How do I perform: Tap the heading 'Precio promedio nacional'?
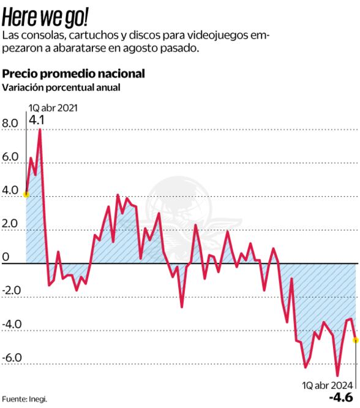[73, 74]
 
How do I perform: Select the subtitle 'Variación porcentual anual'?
[61, 88]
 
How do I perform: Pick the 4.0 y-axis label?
[11, 190]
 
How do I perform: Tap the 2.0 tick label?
[11, 224]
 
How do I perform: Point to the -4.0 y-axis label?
[12, 324]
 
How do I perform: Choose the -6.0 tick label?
[12, 358]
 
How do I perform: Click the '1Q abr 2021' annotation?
[53, 108]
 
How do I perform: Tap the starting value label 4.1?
[37, 120]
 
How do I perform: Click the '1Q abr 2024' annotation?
[328, 385]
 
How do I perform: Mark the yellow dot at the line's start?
[26, 194]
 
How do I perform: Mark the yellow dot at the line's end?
[356, 340]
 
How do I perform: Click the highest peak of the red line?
[40, 129]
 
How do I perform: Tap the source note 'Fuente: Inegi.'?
[24, 399]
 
